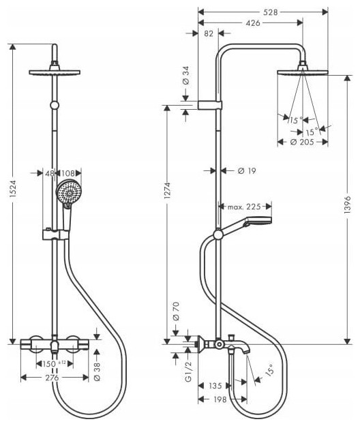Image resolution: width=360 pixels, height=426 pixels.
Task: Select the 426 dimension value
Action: [x=253, y=23]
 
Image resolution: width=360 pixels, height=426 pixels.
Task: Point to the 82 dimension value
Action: [x=209, y=33]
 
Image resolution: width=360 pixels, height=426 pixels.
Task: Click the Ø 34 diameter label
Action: [x=186, y=75]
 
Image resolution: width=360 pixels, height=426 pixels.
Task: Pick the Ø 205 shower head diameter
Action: [x=302, y=142]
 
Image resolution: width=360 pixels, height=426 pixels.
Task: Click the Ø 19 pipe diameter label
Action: [x=247, y=171]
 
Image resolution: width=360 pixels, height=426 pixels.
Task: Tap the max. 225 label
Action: [x=244, y=207]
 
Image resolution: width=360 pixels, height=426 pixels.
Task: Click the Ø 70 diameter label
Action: [x=176, y=311]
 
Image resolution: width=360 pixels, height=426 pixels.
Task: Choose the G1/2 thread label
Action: [x=188, y=371]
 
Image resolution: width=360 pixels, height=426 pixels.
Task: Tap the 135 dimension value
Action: [x=215, y=386]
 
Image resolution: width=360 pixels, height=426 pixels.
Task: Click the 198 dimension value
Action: [x=220, y=399]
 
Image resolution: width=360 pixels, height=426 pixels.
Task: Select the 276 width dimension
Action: [x=52, y=378]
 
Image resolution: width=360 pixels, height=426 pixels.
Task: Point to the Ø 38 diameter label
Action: [x=97, y=371]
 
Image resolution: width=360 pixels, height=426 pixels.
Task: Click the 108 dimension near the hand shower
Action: [x=68, y=173]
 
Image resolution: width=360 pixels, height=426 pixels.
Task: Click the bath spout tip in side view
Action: [x=246, y=352]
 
